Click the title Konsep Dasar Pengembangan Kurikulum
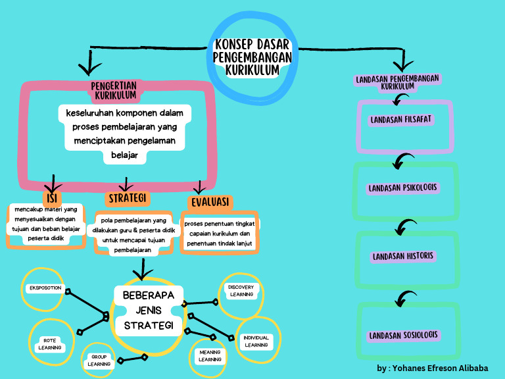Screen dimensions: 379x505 [252, 57]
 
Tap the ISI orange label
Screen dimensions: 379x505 [51, 198]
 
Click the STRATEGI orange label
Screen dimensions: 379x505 [128, 198]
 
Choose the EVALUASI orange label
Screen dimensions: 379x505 [210, 201]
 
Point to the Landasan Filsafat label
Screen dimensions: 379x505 [400, 120]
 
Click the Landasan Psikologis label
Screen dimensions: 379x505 [402, 188]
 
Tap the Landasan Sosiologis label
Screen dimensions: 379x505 [403, 335]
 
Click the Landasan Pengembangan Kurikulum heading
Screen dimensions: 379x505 [397, 82]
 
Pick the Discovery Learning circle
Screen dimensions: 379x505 [241, 291]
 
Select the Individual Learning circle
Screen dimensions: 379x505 [256, 341]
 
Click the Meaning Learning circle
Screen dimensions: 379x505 [210, 355]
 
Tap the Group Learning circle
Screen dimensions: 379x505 [99, 360]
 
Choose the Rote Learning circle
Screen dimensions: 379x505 [49, 343]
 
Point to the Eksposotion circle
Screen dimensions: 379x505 [45, 288]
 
